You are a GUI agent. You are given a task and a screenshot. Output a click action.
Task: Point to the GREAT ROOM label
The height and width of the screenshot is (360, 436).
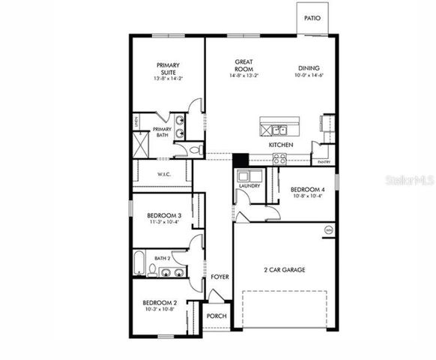243,65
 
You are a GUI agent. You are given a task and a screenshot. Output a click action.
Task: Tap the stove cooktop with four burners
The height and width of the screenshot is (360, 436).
279,158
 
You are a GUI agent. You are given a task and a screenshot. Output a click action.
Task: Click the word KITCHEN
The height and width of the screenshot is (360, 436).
281,145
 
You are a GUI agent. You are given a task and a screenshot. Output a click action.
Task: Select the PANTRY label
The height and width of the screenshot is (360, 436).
324,162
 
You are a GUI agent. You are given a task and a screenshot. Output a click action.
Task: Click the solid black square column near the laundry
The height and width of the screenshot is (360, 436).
240,160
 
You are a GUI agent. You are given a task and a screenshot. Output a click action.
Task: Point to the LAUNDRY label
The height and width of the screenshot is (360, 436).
249,186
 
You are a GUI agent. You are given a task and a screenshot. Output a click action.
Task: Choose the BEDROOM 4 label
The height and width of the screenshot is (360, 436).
307,190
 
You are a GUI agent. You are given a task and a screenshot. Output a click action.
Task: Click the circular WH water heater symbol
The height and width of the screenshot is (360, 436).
327,229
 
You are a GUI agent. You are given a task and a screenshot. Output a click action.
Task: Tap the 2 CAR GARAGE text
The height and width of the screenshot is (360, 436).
283,269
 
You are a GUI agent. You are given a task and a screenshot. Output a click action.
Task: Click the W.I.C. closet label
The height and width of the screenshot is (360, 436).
166,174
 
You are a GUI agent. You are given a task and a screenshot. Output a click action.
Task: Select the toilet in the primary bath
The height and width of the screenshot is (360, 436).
196,150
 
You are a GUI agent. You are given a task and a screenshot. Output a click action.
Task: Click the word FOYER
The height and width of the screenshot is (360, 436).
219,277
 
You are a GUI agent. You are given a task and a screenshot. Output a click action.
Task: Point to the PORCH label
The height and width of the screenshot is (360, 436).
217,316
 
